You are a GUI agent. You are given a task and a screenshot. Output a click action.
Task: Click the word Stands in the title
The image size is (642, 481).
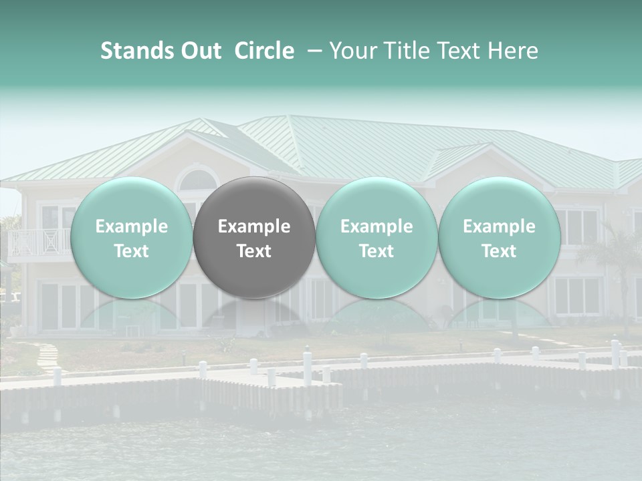(x=136, y=51)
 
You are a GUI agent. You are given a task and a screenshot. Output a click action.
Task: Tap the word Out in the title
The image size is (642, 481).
(x=199, y=51)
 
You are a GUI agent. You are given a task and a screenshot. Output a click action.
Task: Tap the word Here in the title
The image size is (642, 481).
(x=515, y=51)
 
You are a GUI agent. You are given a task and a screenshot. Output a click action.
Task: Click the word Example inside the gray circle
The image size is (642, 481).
(x=254, y=226)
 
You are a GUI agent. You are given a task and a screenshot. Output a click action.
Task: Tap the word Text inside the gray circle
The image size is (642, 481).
(x=254, y=251)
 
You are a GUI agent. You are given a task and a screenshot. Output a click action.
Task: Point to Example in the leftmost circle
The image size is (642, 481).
(x=132, y=226)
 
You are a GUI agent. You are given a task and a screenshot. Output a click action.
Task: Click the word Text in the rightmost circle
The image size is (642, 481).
(x=499, y=251)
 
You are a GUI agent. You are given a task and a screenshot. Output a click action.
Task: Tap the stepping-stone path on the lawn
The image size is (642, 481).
(x=47, y=357)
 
